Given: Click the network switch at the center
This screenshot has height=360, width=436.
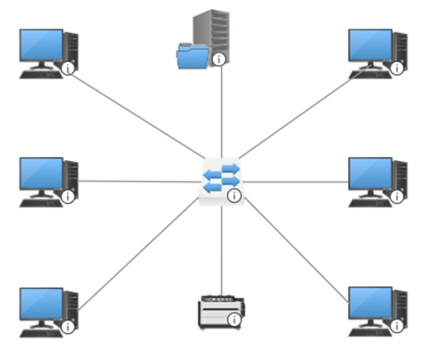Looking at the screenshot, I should coord(220,179).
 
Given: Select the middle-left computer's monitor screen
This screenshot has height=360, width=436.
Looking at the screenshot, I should coord(41,174).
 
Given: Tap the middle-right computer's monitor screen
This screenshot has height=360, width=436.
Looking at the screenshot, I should coord(370,174).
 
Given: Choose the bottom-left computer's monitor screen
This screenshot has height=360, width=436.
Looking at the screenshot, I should coord(41,304).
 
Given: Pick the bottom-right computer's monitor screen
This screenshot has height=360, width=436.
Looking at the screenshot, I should coord(370,303).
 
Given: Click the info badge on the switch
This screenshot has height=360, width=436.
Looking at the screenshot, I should coord(234,195).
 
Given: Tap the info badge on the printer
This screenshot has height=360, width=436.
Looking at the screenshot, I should coord(234,320).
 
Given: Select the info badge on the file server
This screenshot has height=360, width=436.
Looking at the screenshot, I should coord(220,60).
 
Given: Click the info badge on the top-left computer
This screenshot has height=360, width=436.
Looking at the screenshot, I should coord(67,68).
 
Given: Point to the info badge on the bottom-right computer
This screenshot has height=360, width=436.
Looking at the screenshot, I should coord(396,326).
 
